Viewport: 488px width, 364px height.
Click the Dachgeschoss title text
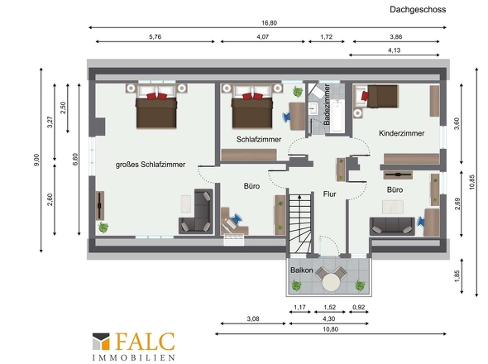[418, 10]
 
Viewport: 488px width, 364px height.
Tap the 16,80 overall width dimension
[269, 23]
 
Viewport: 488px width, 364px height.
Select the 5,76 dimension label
[155, 36]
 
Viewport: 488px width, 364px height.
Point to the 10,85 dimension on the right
[472, 182]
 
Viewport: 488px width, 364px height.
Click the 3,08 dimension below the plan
[253, 318]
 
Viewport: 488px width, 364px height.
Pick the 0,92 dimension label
[358, 307]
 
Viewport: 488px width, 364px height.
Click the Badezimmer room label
[327, 104]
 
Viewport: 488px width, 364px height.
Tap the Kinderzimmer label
[401, 133]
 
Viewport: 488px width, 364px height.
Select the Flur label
[329, 194]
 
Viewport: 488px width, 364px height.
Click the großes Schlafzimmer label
[151, 165]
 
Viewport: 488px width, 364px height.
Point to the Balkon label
[302, 270]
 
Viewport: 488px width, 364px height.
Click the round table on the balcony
[331, 282]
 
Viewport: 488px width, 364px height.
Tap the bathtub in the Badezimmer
[337, 117]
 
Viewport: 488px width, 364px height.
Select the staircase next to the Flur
[299, 223]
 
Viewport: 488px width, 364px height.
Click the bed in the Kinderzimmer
[381, 96]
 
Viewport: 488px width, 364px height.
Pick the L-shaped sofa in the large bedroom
[196, 212]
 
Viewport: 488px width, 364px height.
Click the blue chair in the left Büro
[236, 218]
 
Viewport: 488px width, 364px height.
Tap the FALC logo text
[145, 342]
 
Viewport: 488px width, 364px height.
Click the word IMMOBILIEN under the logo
[133, 357]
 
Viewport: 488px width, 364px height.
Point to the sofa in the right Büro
[392, 227]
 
